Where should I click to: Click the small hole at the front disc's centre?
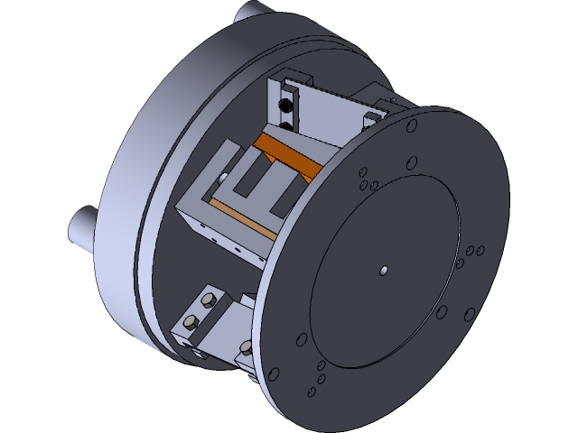click(384, 269)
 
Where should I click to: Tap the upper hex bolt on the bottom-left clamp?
click(209, 300)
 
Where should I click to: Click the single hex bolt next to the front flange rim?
click(247, 348)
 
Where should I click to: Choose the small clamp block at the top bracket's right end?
click(373, 119)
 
